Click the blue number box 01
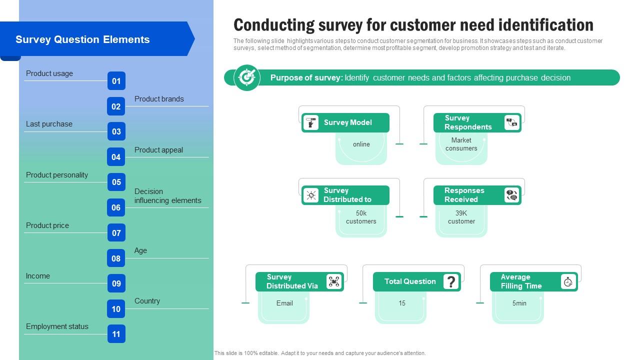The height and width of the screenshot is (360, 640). (x=116, y=81)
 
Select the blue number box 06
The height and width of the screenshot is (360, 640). (x=116, y=207)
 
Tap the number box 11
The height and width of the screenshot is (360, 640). (x=116, y=334)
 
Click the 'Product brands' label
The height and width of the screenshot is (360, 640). (x=159, y=99)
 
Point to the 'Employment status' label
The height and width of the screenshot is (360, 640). (x=57, y=326)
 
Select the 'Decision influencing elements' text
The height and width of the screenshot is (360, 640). (x=167, y=196)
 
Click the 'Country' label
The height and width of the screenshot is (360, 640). (x=147, y=301)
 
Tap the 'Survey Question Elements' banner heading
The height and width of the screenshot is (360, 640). (x=82, y=39)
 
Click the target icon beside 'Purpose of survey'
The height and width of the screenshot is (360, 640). (x=247, y=77)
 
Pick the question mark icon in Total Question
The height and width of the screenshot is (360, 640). (x=450, y=281)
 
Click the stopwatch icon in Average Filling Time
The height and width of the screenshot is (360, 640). (x=568, y=281)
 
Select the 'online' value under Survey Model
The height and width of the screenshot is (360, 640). (x=361, y=144)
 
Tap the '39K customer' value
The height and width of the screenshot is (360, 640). (x=461, y=217)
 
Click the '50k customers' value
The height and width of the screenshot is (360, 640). (x=361, y=217)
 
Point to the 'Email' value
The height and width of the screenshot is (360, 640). (x=284, y=303)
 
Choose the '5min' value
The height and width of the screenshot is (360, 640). (x=519, y=303)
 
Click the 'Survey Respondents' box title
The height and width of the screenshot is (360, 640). (x=468, y=122)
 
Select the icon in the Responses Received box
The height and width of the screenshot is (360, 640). (x=511, y=195)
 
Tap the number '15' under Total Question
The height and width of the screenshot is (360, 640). (x=402, y=303)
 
